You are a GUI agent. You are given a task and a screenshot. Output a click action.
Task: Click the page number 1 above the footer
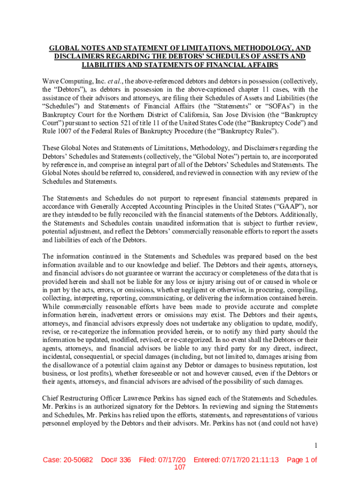(316, 445)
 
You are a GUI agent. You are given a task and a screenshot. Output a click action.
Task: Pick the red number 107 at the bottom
(180, 467)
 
